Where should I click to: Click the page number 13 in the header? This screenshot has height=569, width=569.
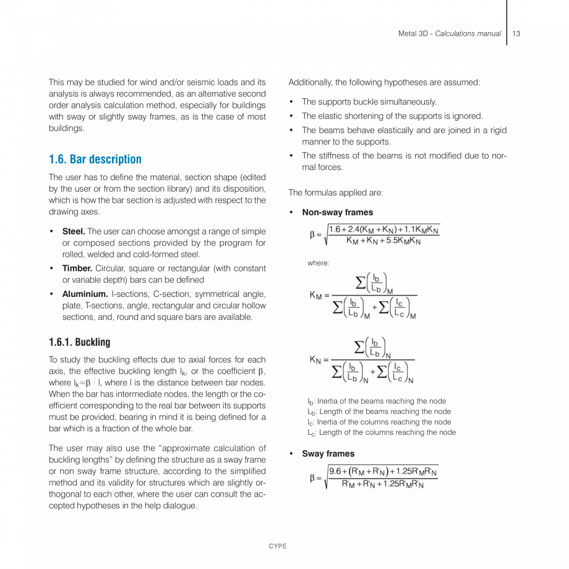516,33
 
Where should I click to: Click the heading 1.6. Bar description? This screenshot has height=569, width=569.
95,160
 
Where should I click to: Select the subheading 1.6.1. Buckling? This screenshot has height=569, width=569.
79,342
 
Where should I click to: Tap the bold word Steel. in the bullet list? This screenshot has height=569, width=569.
74,231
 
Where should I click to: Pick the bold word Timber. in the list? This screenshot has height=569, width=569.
77,268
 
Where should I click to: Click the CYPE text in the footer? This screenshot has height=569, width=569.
278,546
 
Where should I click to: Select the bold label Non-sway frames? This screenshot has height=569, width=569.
337,212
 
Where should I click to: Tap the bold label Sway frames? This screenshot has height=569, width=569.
328,453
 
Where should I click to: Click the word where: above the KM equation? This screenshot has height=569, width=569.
318,263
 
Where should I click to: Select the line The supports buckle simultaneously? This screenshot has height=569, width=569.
369,102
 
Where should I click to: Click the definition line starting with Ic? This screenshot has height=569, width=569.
379,422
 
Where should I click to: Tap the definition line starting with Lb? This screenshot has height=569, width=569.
379,411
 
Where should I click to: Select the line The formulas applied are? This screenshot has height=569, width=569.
335,193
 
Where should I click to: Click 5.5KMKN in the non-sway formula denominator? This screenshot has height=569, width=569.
403,241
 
